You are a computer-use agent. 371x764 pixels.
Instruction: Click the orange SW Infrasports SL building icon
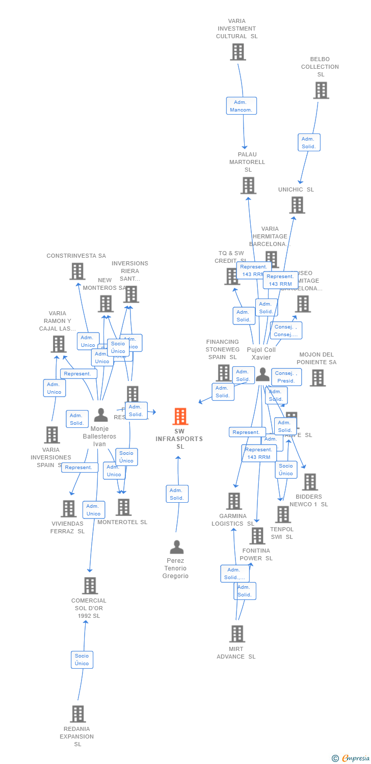coord(180,416)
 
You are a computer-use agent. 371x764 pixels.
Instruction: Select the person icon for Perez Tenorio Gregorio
coord(176,547)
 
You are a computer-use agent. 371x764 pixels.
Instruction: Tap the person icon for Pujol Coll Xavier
coord(262,374)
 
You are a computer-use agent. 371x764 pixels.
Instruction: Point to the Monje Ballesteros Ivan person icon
coord(101,415)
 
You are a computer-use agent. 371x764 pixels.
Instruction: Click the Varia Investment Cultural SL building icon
coord(237,52)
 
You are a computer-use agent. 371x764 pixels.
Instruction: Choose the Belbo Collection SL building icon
coord(321,90)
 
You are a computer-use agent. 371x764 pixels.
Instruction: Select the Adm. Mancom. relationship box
coord(242,106)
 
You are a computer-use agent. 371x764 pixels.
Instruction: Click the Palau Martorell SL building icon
coord(248,185)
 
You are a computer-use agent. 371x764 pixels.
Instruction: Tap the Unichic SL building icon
coord(297,205)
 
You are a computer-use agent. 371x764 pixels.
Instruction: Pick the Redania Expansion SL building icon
coord(77,714)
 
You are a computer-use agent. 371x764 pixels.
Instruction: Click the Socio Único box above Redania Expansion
coord(82,660)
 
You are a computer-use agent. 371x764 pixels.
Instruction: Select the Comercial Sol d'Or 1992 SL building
coord(90,586)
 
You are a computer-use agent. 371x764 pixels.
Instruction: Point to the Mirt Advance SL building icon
coord(237,634)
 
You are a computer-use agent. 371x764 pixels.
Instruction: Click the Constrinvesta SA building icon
coord(77,271)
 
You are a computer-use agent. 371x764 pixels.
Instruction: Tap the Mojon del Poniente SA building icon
coord(317,378)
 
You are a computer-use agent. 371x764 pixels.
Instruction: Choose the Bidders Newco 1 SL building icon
coord(309,482)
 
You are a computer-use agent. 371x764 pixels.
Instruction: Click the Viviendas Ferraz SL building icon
coord(68,508)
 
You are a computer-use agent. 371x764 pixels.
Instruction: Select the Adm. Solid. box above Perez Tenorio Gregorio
coord(177,494)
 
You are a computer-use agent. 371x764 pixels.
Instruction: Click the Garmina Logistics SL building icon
coord(233,501)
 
